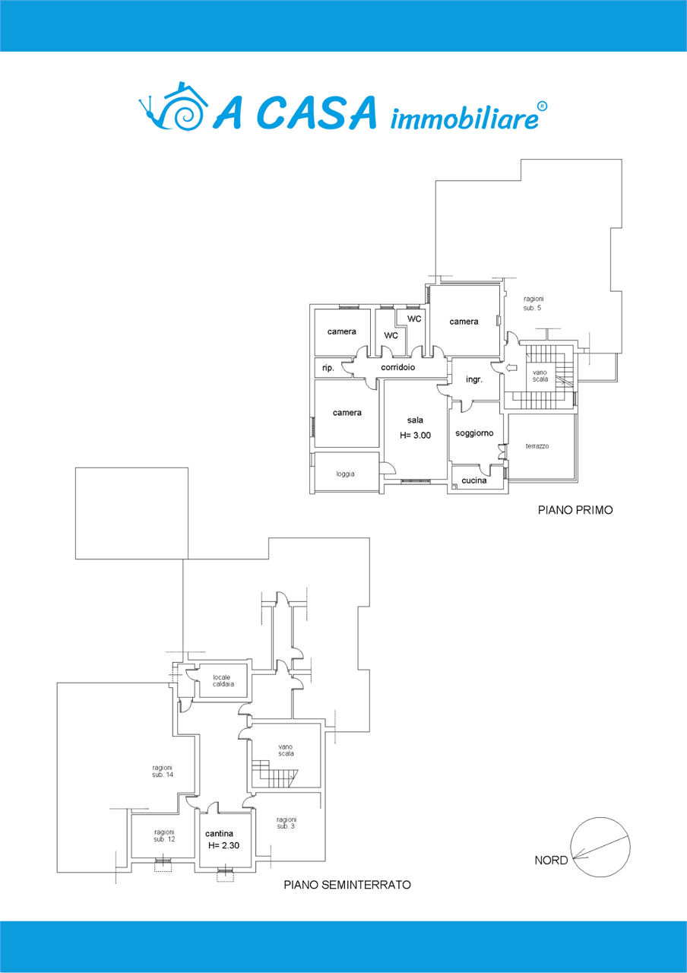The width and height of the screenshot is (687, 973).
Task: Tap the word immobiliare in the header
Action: (464, 116)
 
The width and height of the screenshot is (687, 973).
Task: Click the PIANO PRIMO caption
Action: (575, 510)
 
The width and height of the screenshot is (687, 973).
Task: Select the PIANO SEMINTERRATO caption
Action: (347, 885)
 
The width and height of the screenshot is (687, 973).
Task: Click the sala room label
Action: (415, 420)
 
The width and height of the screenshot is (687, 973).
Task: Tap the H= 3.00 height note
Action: (415, 436)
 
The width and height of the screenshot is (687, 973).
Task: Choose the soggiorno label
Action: (474, 433)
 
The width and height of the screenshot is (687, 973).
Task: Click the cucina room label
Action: (473, 480)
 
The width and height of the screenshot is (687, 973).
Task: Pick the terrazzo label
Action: (537, 446)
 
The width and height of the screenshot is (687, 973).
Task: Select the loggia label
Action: (345, 474)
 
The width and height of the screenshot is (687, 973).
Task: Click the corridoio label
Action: (397, 367)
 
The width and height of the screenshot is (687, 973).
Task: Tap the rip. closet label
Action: (328, 368)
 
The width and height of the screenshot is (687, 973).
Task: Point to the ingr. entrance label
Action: (474, 379)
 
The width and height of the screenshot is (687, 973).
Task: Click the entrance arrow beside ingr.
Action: (511, 368)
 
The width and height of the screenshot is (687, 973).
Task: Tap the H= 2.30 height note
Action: (223, 845)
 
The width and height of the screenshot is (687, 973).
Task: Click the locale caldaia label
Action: (223, 680)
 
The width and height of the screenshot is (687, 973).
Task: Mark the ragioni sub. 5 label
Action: (533, 303)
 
